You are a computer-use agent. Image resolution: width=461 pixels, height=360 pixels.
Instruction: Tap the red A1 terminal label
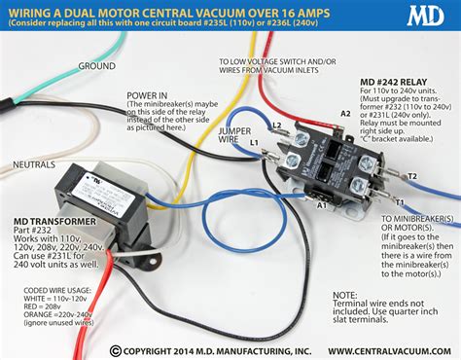pos(321,207)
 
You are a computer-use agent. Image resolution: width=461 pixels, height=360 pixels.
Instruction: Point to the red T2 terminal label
pos(412,176)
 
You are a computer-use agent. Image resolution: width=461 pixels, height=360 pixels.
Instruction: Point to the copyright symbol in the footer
pos(116,350)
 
